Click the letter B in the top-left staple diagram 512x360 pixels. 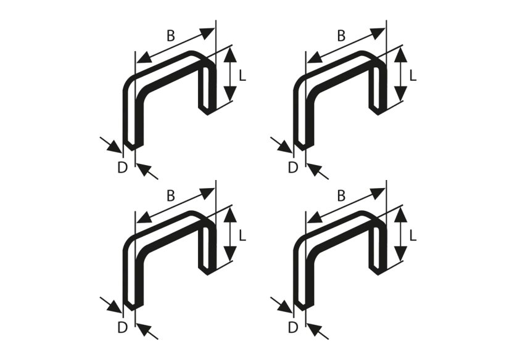(171, 37)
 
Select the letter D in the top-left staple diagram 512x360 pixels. (125, 168)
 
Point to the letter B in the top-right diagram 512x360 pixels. (341, 37)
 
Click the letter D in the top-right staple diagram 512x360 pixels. (294, 168)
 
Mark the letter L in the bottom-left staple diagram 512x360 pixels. (244, 234)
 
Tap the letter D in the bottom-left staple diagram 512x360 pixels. (125, 327)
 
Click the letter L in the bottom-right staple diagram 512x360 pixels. (413, 234)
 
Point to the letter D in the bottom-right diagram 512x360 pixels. (294, 327)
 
